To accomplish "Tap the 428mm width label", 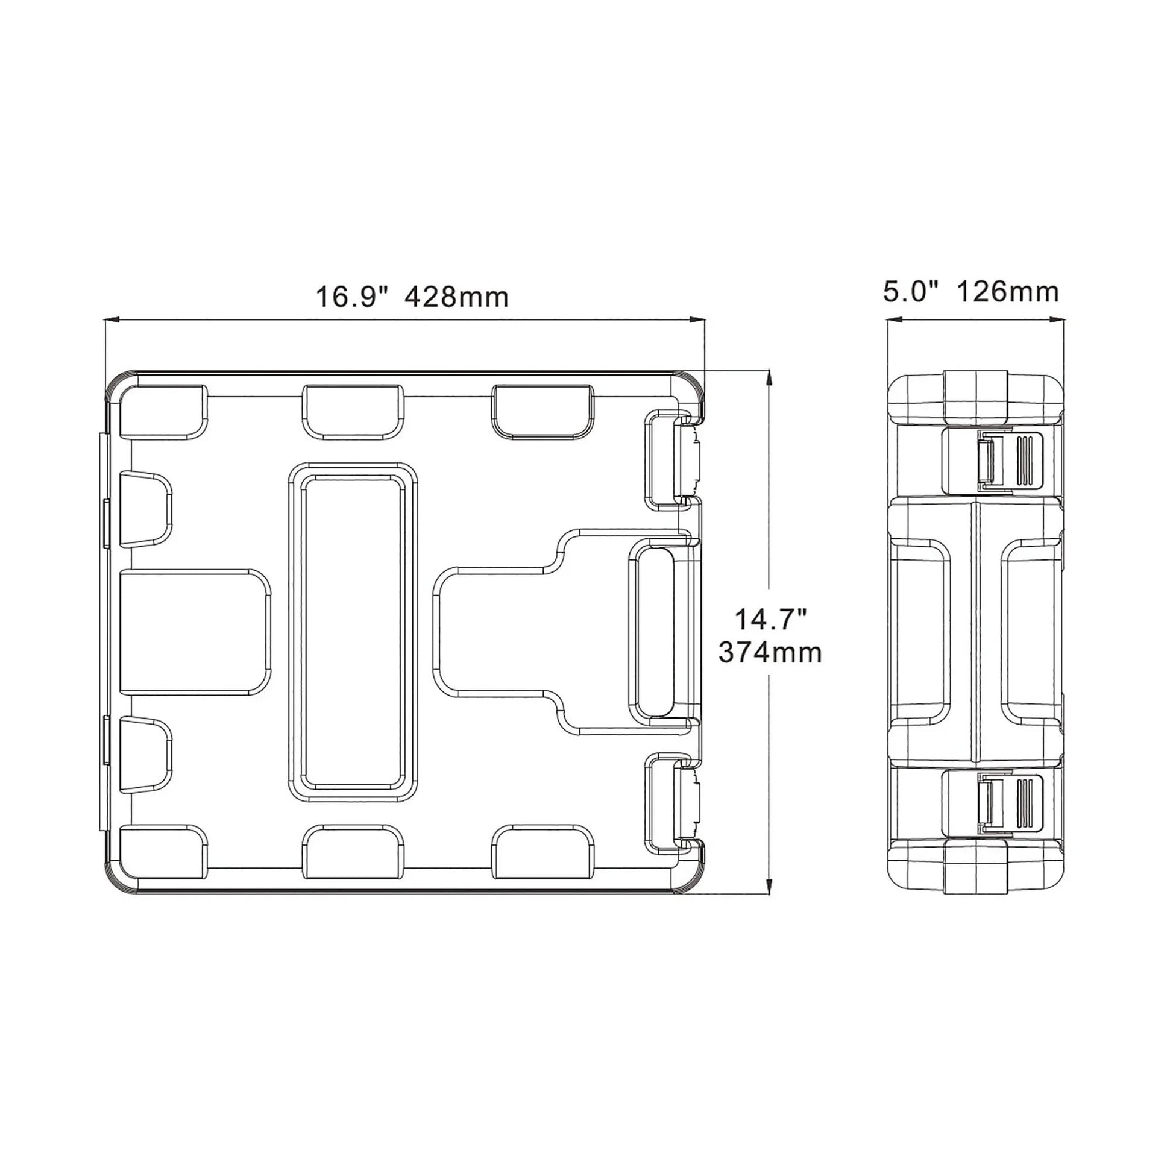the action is (x=456, y=298).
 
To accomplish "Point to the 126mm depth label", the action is (x=1008, y=292).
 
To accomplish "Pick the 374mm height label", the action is (x=770, y=653).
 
